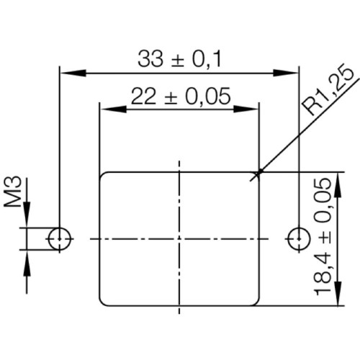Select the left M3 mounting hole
click(59, 238)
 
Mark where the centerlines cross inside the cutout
click(179, 238)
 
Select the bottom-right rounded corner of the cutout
click(255, 301)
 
